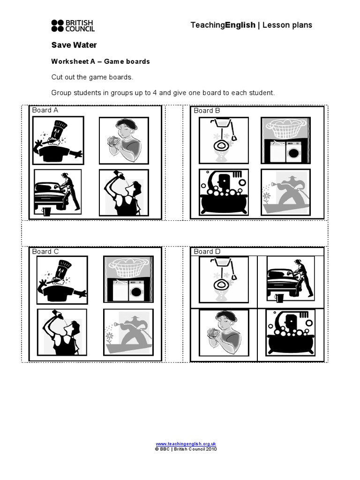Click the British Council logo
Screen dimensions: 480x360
tap(73, 25)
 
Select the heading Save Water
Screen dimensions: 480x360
tap(74, 45)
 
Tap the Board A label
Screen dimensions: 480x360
tap(45, 110)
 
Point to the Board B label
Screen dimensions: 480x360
tap(207, 111)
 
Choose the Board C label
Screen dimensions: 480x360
tap(45, 252)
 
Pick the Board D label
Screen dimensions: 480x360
tap(207, 252)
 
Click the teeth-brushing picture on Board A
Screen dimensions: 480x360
tap(58, 140)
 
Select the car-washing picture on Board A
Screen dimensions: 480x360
tap(58, 192)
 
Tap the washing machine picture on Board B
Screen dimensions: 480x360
tap(285, 140)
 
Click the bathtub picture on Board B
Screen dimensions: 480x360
tap(224, 192)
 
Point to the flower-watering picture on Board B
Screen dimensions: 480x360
tap(285, 192)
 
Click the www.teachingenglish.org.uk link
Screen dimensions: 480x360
tap(186, 444)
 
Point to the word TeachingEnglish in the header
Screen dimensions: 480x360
tap(223, 25)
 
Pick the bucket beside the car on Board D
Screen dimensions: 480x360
tap(279, 298)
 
